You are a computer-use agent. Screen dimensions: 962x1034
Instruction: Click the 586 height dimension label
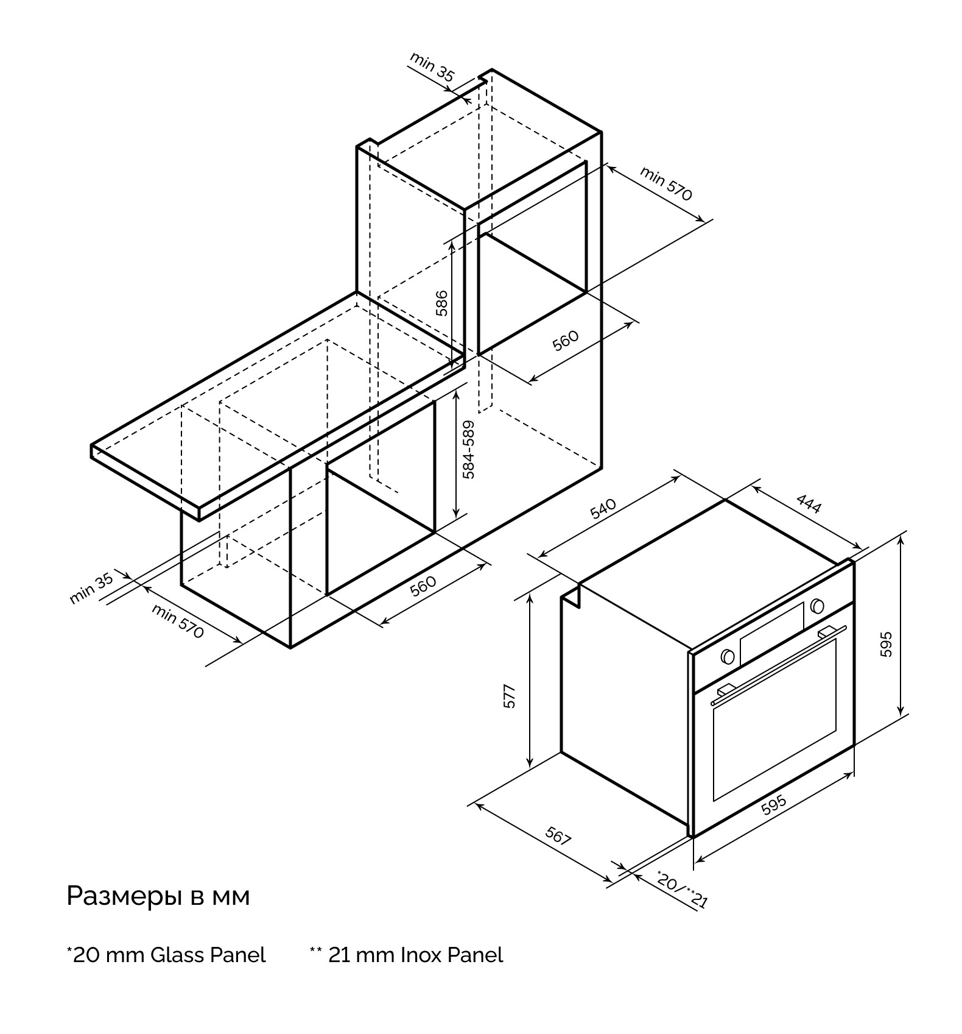(442, 303)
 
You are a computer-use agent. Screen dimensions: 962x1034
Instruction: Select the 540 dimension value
(603, 508)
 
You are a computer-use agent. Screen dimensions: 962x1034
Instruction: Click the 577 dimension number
(510, 696)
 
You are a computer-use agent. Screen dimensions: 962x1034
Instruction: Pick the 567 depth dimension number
(557, 836)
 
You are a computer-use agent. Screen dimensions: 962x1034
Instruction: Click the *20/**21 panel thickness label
(683, 889)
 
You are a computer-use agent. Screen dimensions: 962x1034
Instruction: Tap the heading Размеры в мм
(158, 896)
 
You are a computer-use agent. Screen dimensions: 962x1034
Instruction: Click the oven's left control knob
(726, 656)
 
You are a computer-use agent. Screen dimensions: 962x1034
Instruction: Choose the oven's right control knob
(817, 606)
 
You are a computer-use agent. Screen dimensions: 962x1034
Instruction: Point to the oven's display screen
(771, 632)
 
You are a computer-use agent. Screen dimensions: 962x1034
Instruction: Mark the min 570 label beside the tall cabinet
(666, 183)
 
